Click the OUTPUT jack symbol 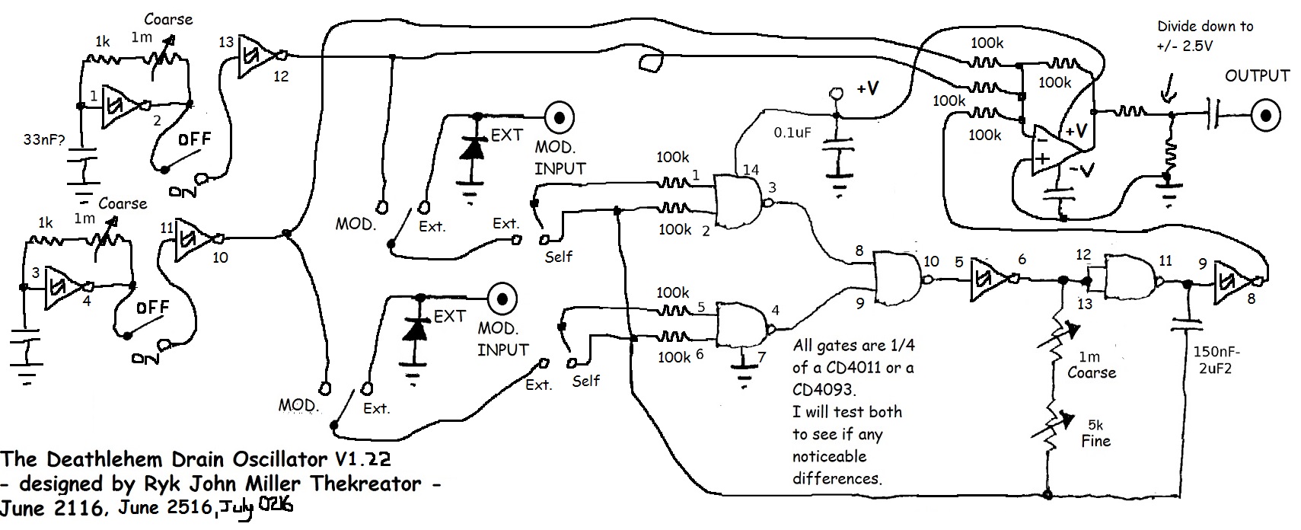click(x=1265, y=117)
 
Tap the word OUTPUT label click(x=1257, y=76)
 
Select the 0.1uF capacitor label click(x=792, y=132)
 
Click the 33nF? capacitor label click(x=43, y=140)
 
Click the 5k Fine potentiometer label click(x=1095, y=433)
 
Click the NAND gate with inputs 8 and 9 click(x=898, y=279)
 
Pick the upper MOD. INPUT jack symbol click(x=559, y=117)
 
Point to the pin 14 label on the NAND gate click(x=751, y=170)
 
